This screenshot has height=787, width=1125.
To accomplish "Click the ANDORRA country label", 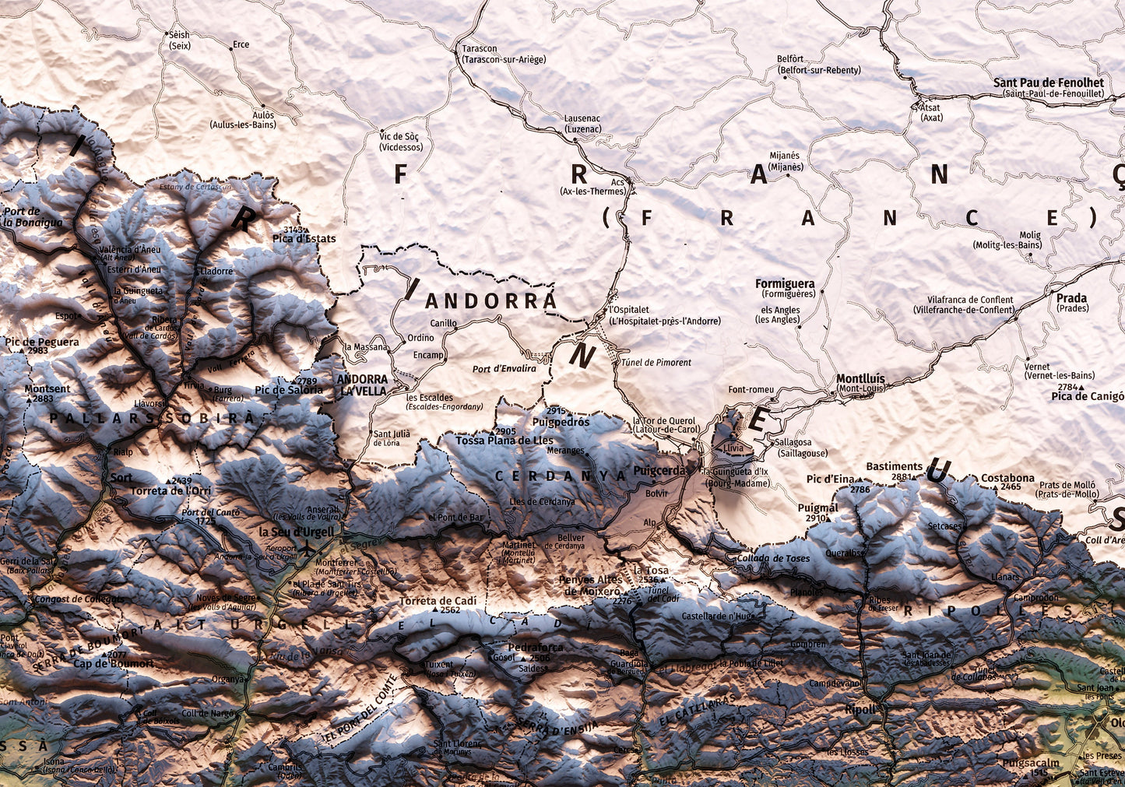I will click(491, 300).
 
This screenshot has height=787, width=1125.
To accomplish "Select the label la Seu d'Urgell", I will click(296, 532).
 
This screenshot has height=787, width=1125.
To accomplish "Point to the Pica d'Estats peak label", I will click(304, 238).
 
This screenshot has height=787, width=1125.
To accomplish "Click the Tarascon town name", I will click(479, 48).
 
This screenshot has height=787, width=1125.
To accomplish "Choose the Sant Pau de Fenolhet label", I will click(1048, 83).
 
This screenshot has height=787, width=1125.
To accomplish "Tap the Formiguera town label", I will click(785, 284).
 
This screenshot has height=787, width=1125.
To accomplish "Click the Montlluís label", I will click(860, 379).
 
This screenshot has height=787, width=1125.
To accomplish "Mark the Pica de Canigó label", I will click(1087, 396).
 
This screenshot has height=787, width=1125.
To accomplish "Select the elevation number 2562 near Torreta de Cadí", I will click(449, 610).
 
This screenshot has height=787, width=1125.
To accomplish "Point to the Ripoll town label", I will click(860, 710).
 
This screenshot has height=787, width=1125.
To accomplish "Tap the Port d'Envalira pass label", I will click(504, 368).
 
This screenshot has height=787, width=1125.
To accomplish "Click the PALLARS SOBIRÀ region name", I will click(152, 418).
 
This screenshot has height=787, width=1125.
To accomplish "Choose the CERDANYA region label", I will click(561, 475).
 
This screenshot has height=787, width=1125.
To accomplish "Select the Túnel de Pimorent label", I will click(661, 362).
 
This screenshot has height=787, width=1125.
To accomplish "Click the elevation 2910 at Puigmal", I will click(816, 518).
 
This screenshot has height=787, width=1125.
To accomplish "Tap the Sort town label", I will click(121, 477).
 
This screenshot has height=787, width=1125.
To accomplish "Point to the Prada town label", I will click(1071, 298).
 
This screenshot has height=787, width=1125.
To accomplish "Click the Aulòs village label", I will click(264, 114).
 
